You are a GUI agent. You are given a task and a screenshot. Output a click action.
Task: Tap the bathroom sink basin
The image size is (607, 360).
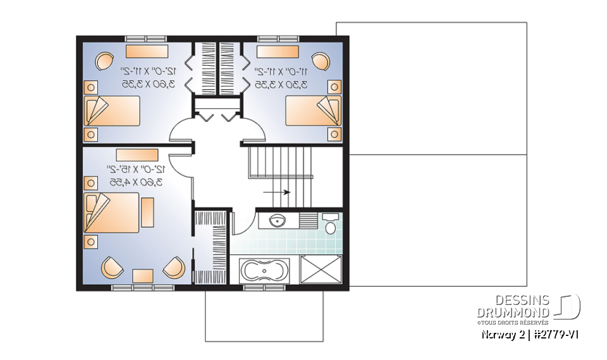276,221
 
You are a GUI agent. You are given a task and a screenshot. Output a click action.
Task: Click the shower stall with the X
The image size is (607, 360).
321,270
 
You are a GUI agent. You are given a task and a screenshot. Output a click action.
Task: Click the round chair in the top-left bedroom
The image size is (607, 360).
103,61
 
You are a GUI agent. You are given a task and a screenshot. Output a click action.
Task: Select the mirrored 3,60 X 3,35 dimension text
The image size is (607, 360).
148,84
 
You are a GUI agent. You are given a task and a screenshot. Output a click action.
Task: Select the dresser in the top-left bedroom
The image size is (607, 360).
147,51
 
